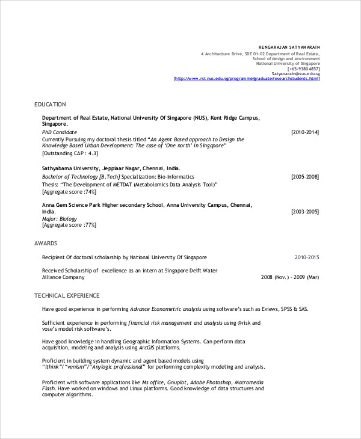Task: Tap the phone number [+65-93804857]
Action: click(x=300, y=68)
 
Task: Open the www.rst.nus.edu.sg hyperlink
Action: click(x=247, y=78)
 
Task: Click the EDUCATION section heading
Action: click(x=50, y=105)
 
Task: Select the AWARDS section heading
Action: click(x=46, y=244)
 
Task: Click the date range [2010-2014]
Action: click(x=304, y=132)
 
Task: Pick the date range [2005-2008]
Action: click(x=304, y=177)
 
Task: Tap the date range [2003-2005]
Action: click(x=304, y=212)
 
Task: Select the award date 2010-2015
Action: click(x=307, y=257)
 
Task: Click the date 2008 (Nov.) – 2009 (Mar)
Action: click(x=290, y=278)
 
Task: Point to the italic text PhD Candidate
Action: click(x=60, y=132)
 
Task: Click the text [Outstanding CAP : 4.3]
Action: click(x=70, y=153)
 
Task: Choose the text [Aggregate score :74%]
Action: click(x=69, y=192)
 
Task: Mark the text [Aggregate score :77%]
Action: click(x=69, y=226)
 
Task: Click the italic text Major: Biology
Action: click(x=60, y=219)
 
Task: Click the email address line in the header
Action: click(x=295, y=73)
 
